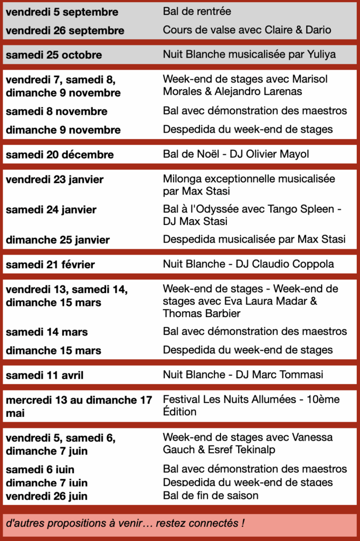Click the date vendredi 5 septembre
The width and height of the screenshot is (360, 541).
[62, 12]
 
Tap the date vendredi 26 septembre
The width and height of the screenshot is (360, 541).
[65, 31]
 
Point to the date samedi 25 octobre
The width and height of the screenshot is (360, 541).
[54, 55]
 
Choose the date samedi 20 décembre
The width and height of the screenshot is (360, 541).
[60, 155]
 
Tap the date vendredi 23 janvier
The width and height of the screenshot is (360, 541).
[54, 180]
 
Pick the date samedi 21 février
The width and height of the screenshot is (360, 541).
[50, 264]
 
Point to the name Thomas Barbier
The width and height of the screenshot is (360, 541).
[201, 313]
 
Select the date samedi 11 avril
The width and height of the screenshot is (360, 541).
[44, 376]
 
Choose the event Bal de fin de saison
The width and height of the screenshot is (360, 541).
[211, 496]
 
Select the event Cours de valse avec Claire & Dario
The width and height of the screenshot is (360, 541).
[247, 30]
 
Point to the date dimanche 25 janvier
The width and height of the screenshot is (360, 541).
[58, 240]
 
